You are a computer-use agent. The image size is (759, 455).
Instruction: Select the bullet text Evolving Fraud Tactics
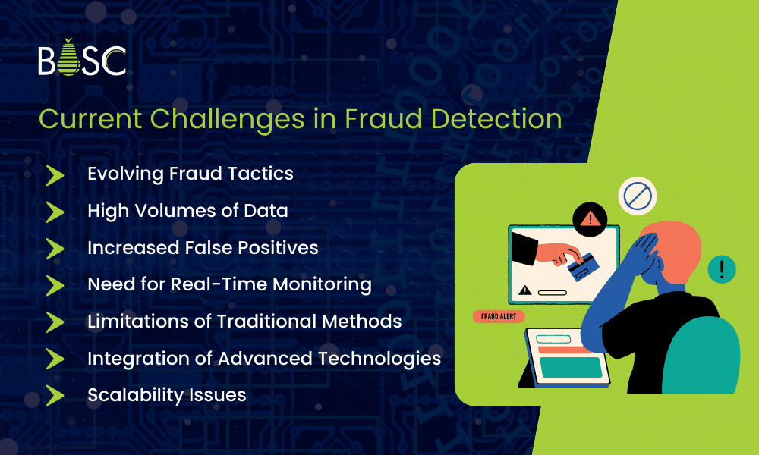pyautogui.click(x=190, y=174)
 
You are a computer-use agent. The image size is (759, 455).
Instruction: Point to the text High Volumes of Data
pyautogui.click(x=187, y=211)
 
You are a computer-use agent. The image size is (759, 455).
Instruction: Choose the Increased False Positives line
pyautogui.click(x=203, y=248)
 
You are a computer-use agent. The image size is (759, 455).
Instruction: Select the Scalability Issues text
pyautogui.click(x=166, y=395)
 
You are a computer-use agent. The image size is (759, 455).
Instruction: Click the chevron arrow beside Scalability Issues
pyautogui.click(x=55, y=395)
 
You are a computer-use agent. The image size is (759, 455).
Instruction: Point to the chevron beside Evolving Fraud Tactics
pyautogui.click(x=55, y=174)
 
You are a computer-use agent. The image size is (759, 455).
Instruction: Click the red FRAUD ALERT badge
pyautogui.click(x=498, y=316)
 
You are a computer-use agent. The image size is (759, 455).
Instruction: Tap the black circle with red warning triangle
pyautogui.click(x=588, y=218)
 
